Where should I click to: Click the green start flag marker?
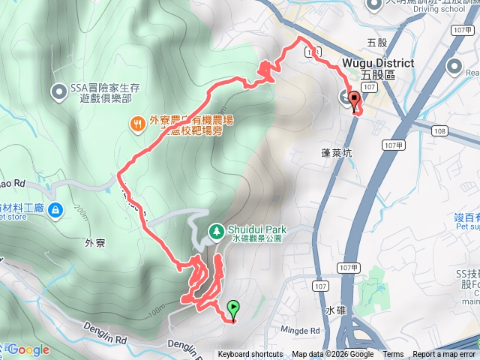click(233, 307)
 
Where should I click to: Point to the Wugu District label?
click(379, 64)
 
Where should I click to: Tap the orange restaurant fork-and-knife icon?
click(137, 124)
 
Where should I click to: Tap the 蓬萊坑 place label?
click(336, 151)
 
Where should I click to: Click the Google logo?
click(28, 349)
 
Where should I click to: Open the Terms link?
click(393, 355)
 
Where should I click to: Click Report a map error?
click(444, 355)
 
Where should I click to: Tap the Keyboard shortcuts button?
click(250, 355)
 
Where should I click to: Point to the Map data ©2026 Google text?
click(333, 355)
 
